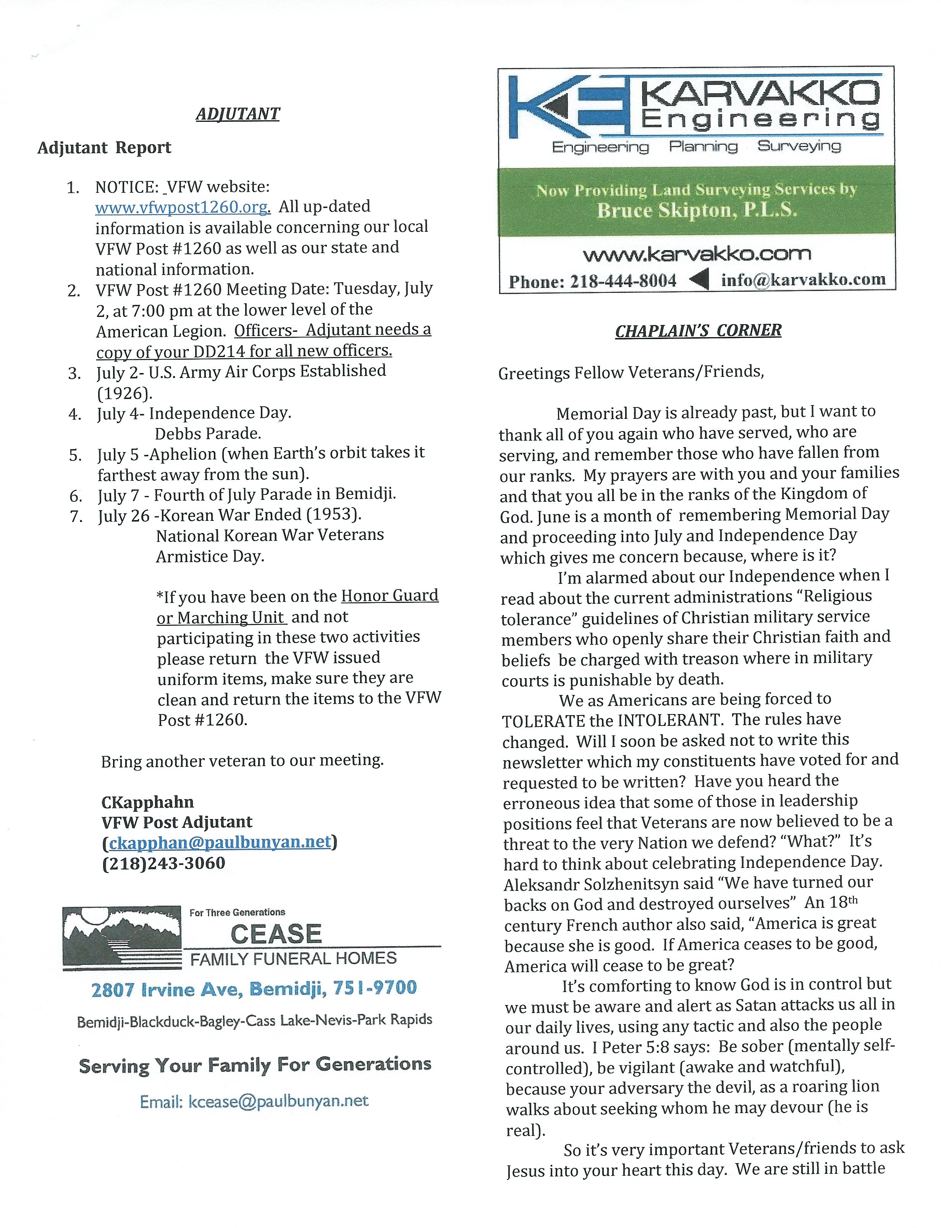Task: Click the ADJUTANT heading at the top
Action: point(238,114)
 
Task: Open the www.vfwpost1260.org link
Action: point(183,207)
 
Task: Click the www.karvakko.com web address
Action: point(697,255)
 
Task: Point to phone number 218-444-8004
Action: point(623,281)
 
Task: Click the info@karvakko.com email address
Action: point(803,280)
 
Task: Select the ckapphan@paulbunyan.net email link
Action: point(220,843)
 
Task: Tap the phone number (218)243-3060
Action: point(163,863)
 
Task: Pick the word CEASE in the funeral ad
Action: point(276,934)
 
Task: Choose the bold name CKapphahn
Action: point(147,802)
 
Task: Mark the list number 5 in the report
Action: point(75,455)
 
